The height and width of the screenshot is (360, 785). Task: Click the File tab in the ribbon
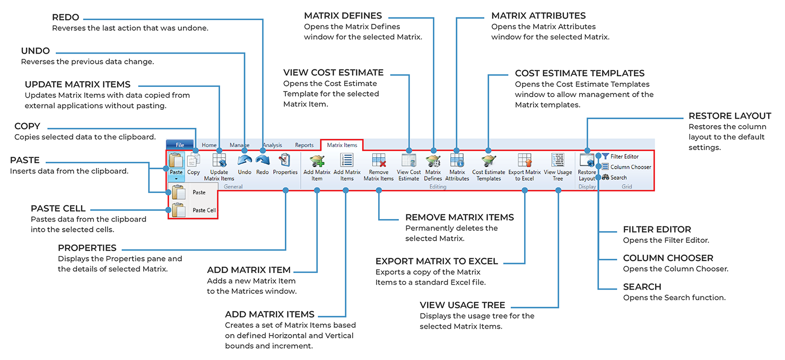pyautogui.click(x=180, y=145)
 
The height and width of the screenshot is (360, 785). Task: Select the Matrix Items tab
pyautogui.click(x=342, y=145)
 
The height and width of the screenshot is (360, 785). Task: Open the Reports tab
pyautogui.click(x=304, y=145)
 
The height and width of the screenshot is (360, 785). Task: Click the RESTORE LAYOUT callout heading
pyautogui.click(x=729, y=116)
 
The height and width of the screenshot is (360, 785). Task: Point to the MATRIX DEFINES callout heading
pyautogui.click(x=343, y=16)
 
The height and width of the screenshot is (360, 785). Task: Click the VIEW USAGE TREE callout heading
pyautogui.click(x=462, y=305)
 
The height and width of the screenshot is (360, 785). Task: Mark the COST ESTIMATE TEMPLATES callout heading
pyautogui.click(x=579, y=73)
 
